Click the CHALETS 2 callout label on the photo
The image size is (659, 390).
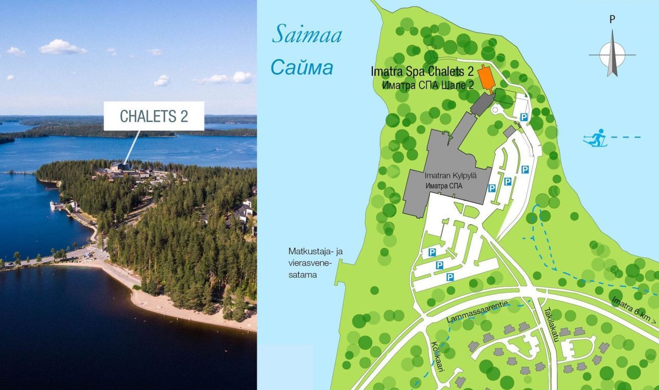click(154, 116)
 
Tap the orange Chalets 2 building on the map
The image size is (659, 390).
click(485, 78)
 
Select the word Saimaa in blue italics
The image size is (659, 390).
click(307, 35)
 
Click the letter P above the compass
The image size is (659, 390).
click(612, 20)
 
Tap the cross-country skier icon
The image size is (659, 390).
click(596, 139)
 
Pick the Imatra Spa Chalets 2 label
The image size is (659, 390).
click(422, 73)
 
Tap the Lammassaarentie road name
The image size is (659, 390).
click(477, 312)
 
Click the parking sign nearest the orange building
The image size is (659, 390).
click(524, 117)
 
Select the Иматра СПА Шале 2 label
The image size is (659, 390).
click(428, 86)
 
